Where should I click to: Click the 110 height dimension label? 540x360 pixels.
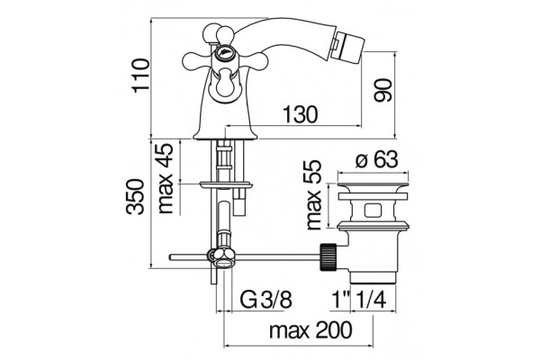[141, 75]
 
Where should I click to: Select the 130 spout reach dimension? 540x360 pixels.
[300, 114]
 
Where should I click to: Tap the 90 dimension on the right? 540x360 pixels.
[383, 90]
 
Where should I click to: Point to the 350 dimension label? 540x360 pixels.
[135, 197]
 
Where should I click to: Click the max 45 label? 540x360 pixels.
[165, 178]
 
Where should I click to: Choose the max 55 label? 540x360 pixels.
[313, 195]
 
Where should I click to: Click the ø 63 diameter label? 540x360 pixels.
[377, 159]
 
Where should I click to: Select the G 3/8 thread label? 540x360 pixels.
[265, 300]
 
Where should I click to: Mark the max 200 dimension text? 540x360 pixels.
[311, 330]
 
